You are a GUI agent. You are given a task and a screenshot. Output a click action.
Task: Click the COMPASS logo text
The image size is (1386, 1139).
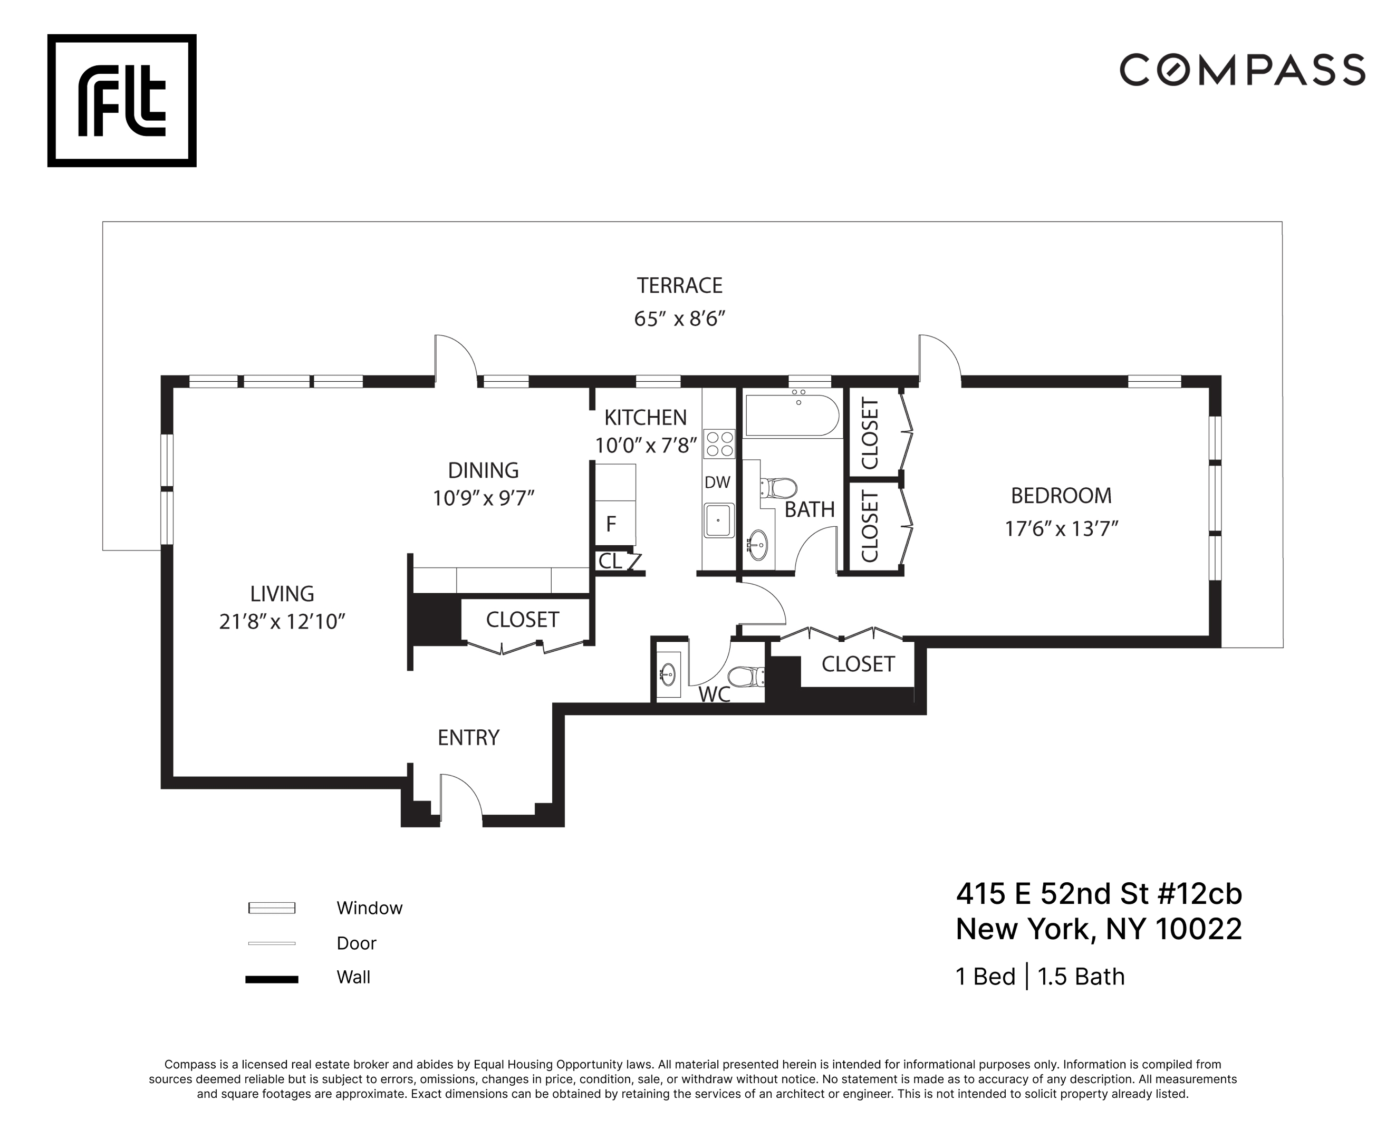click(1241, 70)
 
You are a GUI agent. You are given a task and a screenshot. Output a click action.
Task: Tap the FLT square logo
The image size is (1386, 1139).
click(122, 100)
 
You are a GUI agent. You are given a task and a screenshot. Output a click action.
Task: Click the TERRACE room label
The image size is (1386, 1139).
click(679, 285)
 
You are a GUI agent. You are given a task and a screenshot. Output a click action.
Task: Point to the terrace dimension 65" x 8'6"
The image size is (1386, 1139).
click(679, 319)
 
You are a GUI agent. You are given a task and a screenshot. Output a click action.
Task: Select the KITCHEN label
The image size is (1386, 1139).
click(645, 417)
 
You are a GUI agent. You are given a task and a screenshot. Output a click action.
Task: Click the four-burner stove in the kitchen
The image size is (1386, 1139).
click(719, 443)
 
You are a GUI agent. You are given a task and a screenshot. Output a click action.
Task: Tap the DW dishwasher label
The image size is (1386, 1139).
click(717, 482)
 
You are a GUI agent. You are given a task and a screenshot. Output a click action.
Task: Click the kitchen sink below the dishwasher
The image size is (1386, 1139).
click(719, 520)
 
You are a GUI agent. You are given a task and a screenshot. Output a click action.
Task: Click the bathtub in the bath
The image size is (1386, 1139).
click(792, 416)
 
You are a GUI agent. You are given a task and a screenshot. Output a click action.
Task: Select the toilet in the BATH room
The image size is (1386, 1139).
click(779, 488)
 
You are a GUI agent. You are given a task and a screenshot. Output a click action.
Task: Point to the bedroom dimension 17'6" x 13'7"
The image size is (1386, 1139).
click(1061, 529)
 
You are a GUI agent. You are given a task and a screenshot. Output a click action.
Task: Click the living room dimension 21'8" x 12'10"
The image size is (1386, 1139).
click(282, 621)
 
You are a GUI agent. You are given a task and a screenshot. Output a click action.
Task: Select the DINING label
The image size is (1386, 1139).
click(483, 470)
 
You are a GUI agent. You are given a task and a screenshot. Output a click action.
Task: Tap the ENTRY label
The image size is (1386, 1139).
click(468, 738)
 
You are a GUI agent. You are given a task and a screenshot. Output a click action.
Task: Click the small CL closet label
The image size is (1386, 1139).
click(610, 561)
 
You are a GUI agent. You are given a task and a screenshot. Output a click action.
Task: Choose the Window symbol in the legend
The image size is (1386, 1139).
click(272, 908)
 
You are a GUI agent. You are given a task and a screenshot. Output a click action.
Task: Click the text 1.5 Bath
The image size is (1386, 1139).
click(1081, 977)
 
